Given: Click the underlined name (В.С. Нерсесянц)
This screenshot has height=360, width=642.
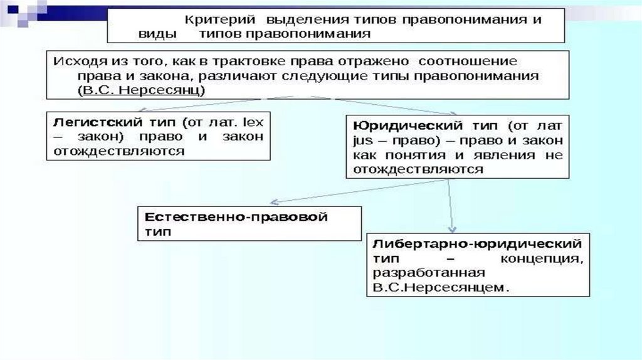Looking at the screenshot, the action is (x=142, y=90).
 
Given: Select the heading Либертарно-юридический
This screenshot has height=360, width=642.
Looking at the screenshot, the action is (x=477, y=243).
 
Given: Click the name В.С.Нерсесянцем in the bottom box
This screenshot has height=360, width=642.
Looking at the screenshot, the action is (x=439, y=288).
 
